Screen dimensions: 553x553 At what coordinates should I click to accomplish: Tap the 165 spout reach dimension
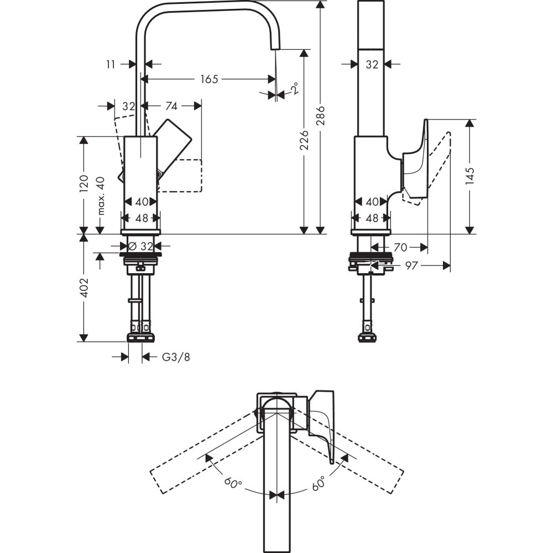pyautogui.click(x=208, y=79)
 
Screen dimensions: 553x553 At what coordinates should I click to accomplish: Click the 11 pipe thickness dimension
pyautogui.click(x=111, y=65)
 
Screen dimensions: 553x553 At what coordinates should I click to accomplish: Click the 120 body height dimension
pyautogui.click(x=84, y=183)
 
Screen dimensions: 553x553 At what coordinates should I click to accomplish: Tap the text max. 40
pyautogui.click(x=101, y=196)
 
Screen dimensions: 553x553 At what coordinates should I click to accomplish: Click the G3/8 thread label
pyautogui.click(x=176, y=357)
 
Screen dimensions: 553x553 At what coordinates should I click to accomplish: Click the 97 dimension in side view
pyautogui.click(x=411, y=266)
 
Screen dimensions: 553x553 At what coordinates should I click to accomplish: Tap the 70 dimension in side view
pyautogui.click(x=401, y=246)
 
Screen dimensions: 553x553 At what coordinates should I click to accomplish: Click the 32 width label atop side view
pyautogui.click(x=372, y=65)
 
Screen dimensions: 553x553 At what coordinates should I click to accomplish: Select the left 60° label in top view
pyautogui.click(x=233, y=482)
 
